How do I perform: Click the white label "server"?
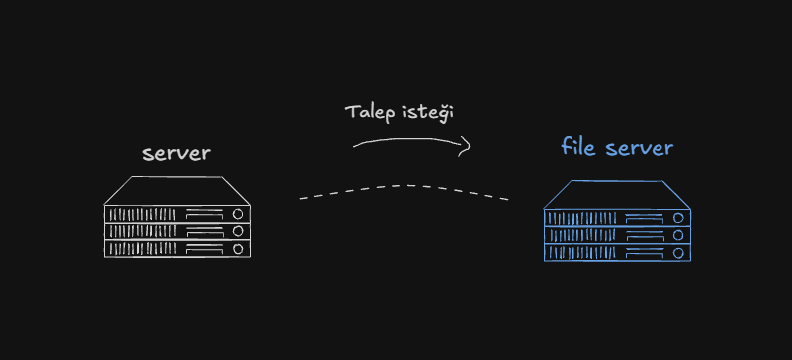pyautogui.click(x=176, y=154)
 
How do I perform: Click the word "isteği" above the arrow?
pyautogui.click(x=428, y=113)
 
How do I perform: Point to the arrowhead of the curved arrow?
pyautogui.click(x=466, y=146)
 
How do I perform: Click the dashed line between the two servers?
pyautogui.click(x=404, y=186)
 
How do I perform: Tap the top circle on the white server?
pyautogui.click(x=238, y=214)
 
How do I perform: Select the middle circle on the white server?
pyautogui.click(x=238, y=231)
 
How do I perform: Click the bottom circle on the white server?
pyautogui.click(x=238, y=248)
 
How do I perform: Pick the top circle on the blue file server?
pyautogui.click(x=678, y=218)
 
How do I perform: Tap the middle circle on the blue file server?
pyautogui.click(x=678, y=235)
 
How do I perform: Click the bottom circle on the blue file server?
pyautogui.click(x=678, y=252)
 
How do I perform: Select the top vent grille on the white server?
pyautogui.click(x=142, y=214)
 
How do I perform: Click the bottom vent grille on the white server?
pyautogui.click(x=142, y=248)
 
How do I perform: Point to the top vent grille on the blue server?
pyautogui.click(x=582, y=218)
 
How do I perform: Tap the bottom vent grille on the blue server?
pyautogui.click(x=582, y=252)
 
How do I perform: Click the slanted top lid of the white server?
pyautogui.click(x=177, y=190)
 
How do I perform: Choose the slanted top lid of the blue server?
pyautogui.click(x=617, y=195)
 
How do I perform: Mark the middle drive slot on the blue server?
pyautogui.click(x=644, y=235)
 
